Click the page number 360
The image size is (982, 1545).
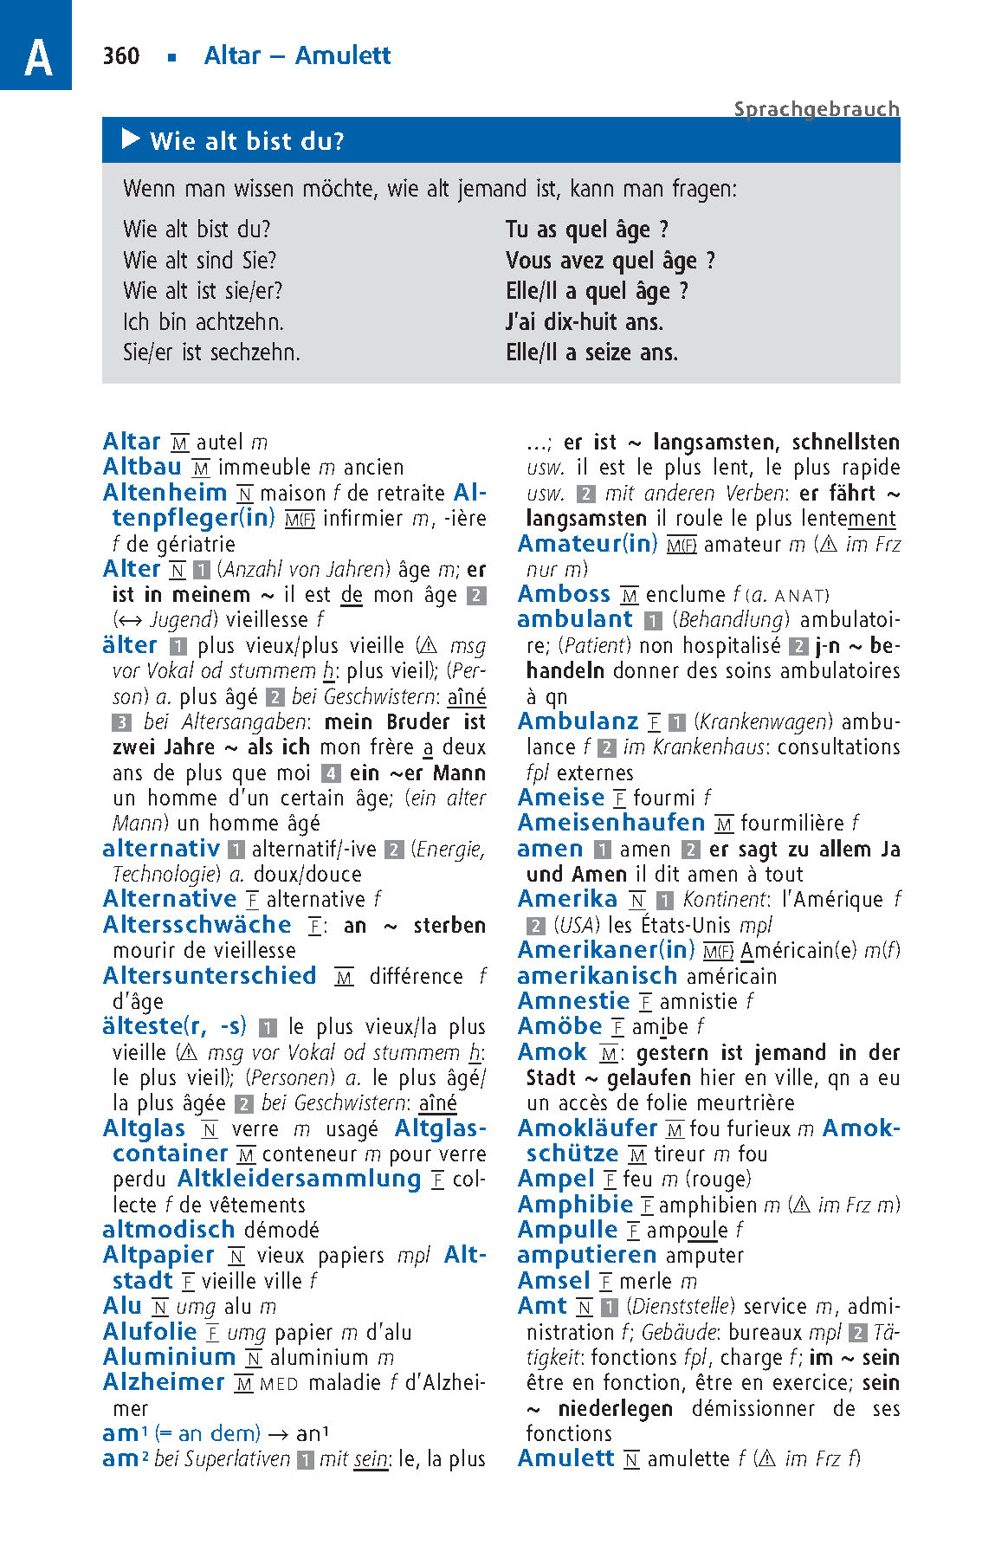point(120,56)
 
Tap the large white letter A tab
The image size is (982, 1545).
point(37,57)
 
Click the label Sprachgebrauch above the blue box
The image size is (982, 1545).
point(817,109)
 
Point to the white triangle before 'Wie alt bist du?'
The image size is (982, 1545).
point(132,139)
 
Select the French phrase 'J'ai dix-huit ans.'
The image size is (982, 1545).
point(585,322)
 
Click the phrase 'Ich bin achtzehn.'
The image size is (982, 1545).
point(204,322)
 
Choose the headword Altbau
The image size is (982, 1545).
point(142,467)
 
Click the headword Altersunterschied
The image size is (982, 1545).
point(210,976)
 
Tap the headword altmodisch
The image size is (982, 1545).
point(168,1230)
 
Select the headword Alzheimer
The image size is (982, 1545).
point(164,1382)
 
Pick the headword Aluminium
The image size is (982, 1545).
point(169,1357)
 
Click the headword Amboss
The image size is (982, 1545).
point(564,594)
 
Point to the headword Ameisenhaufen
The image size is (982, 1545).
point(611,823)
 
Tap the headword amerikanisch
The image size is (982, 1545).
point(597,976)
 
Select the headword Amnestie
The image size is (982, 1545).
point(573,1001)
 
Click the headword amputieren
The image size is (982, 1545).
point(587,1255)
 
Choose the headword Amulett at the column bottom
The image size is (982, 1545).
point(565,1458)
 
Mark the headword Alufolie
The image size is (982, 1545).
point(150,1332)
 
